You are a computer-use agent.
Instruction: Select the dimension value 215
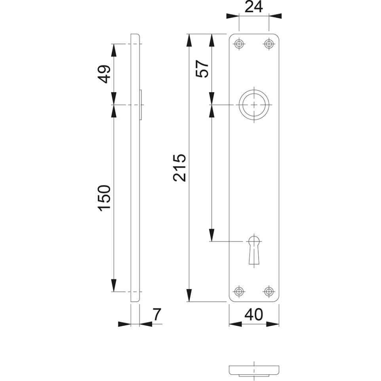[179, 168]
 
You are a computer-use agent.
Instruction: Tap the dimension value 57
[202, 69]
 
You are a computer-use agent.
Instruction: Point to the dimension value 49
[105, 74]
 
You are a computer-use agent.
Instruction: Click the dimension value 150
[104, 198]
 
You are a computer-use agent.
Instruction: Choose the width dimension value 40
[254, 314]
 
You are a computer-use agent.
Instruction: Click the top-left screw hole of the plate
[239, 44]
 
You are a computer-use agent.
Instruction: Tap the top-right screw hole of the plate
[269, 44]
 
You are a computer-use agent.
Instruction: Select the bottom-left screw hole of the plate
[239, 291]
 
